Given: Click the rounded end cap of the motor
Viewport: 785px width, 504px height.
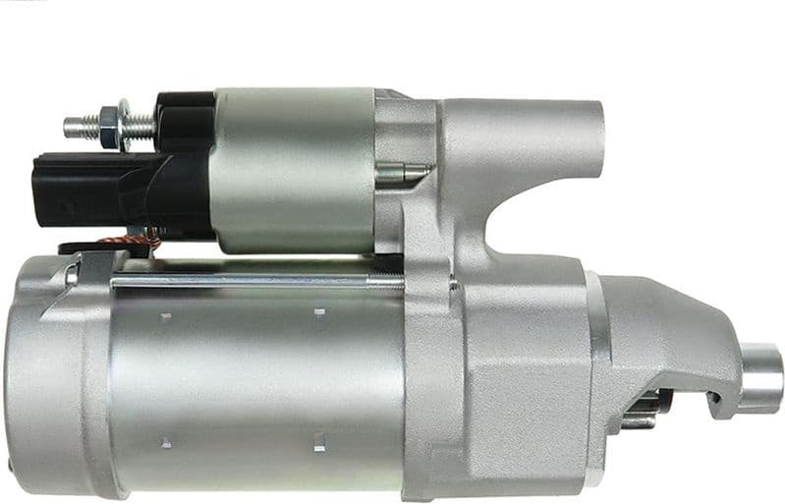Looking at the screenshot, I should point(39,373).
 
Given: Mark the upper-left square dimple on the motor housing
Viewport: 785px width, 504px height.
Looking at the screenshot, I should point(166,316).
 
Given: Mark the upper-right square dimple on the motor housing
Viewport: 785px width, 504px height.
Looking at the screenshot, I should point(319,312).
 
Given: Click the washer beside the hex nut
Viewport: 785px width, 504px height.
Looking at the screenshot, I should point(125,125).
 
